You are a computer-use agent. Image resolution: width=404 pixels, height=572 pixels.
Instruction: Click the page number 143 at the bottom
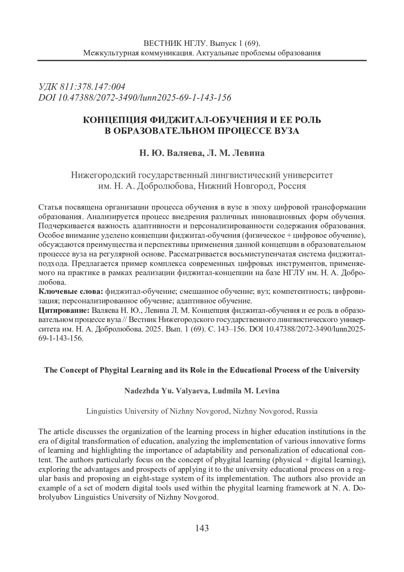click(x=202, y=528)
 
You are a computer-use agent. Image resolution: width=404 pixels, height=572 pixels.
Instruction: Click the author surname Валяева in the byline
click(x=184, y=153)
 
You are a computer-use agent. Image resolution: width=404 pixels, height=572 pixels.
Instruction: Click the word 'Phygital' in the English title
click(x=113, y=370)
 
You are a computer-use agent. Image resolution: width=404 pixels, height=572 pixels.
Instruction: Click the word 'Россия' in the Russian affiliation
click(x=292, y=186)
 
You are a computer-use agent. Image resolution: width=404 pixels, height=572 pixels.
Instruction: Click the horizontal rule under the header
click(x=202, y=60)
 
